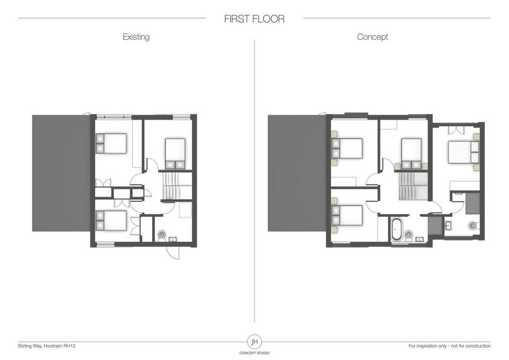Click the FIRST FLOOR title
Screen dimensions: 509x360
pos(254,19)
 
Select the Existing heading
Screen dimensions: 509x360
pos(136,37)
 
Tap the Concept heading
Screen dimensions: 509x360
pos(372,37)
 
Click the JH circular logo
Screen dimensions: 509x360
pos(254,342)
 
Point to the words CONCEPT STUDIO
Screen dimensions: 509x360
pos(254,353)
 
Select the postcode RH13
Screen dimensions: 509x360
pos(70,346)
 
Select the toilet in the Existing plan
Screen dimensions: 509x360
pos(162,236)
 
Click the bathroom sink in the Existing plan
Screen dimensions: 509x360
pos(172,240)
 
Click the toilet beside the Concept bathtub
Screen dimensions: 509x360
pos(409,235)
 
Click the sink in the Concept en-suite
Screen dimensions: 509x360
pos(448,225)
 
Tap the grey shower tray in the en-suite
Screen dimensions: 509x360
pos(472,203)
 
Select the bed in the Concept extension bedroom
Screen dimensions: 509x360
pos(464,152)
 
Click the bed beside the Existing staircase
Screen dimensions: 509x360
pos(175,154)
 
